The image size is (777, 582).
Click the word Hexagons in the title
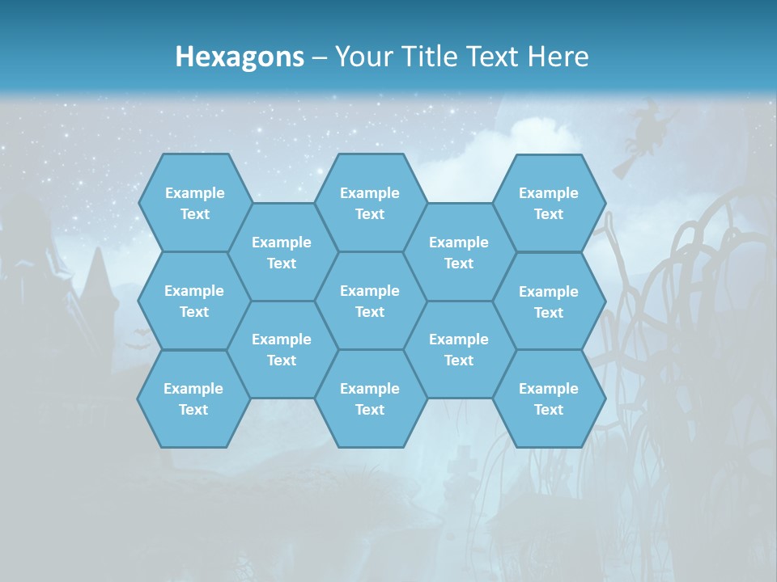[240, 57]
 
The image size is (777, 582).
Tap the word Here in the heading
[558, 57]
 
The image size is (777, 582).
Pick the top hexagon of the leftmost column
[195, 203]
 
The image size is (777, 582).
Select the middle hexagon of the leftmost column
[194, 301]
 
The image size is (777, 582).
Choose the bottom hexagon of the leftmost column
[193, 399]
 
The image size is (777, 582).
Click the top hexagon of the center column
[370, 203]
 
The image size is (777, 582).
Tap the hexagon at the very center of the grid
[370, 301]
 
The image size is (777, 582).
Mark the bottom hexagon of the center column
[370, 399]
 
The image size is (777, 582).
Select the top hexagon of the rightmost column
[549, 203]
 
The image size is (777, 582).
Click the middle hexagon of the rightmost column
[549, 302]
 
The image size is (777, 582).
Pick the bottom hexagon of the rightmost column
[549, 399]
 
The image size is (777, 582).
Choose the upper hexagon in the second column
[282, 252]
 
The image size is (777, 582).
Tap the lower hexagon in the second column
[282, 349]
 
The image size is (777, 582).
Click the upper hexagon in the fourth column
[459, 252]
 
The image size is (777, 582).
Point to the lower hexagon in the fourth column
[459, 349]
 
